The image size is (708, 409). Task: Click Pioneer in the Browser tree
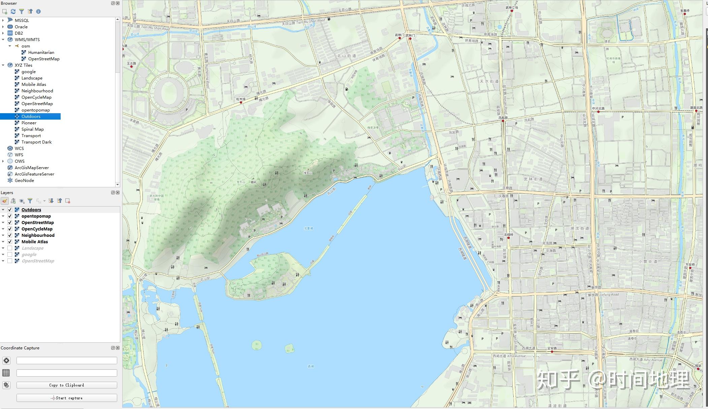tap(29, 123)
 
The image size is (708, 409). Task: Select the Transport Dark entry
tap(36, 142)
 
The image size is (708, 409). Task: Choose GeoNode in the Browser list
tap(24, 181)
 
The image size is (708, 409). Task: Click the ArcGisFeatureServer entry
tap(34, 174)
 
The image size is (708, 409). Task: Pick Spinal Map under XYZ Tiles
tap(32, 129)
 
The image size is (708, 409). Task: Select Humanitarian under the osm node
tap(41, 53)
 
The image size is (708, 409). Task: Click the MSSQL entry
tap(22, 21)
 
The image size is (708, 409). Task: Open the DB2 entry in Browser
tap(19, 33)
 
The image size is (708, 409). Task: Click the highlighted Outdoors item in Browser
tap(31, 117)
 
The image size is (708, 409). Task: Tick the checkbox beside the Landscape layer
tap(10, 248)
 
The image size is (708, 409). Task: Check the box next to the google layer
tap(10, 255)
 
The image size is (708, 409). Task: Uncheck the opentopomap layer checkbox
tap(10, 216)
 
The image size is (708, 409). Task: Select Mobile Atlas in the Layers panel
tap(35, 242)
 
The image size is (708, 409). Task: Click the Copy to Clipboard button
tap(67, 385)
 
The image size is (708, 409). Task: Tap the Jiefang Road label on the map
tap(609, 294)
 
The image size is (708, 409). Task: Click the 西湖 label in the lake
tap(311, 366)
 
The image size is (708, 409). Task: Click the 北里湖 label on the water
tap(308, 228)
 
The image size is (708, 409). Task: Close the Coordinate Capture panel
tap(118, 348)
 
